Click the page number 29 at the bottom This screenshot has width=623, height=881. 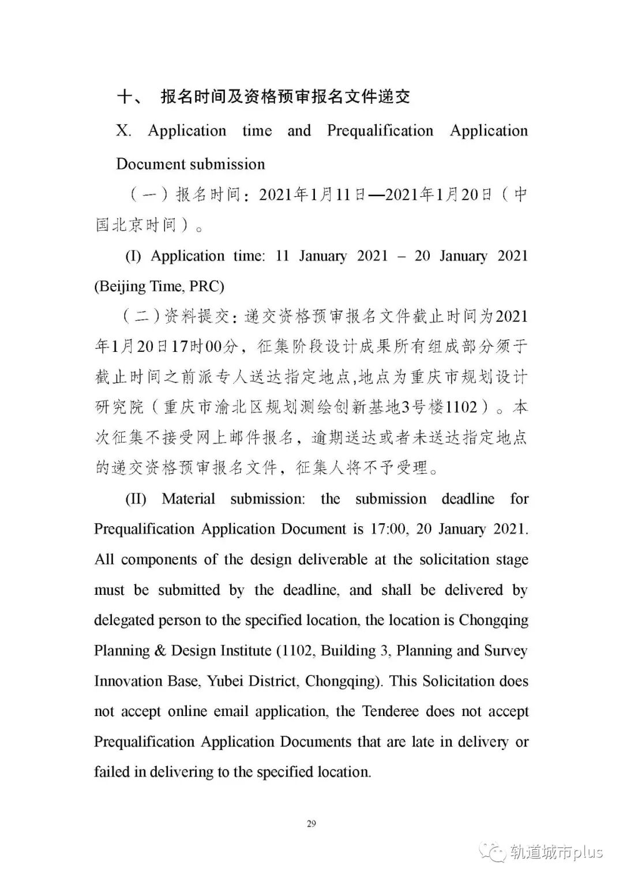(x=311, y=823)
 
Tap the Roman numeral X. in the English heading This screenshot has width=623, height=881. (x=123, y=131)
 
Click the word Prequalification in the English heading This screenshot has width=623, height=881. (x=380, y=131)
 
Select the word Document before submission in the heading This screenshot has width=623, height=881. (x=151, y=164)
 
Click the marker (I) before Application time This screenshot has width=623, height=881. (x=133, y=256)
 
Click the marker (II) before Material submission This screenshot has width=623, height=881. (x=136, y=498)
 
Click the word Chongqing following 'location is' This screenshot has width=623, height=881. (x=494, y=620)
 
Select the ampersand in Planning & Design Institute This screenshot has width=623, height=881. (x=160, y=651)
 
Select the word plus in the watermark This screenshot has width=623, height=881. (x=587, y=852)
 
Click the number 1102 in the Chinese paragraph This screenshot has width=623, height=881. (x=461, y=408)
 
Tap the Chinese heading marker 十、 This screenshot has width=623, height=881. (x=130, y=97)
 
